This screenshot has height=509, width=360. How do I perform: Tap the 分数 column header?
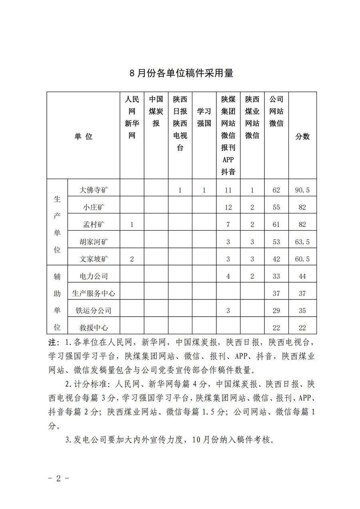pyautogui.click(x=302, y=136)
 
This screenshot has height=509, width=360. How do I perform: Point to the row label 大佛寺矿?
pyautogui.click(x=94, y=190)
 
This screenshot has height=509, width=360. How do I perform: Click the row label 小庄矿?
pyautogui.click(x=94, y=208)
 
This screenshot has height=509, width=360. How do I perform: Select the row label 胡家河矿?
pyautogui.click(x=94, y=242)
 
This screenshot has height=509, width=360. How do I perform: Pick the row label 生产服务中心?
pyautogui.click(x=94, y=293)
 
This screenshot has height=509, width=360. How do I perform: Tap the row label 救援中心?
pyautogui.click(x=94, y=327)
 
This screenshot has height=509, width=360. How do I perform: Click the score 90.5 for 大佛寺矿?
pyautogui.click(x=302, y=190)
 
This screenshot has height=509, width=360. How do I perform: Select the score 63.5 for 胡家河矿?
pyautogui.click(x=302, y=242)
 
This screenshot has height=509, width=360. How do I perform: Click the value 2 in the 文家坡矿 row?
pyautogui.click(x=132, y=259)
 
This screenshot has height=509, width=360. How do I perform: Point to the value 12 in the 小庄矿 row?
pyautogui.click(x=228, y=208)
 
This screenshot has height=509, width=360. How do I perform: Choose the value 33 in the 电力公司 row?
pyautogui.click(x=276, y=276)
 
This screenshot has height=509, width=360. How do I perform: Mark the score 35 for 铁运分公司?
pyautogui.click(x=302, y=310)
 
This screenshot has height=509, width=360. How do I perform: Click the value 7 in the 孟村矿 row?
pyautogui.click(x=228, y=225)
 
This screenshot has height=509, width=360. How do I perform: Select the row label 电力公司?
pyautogui.click(x=94, y=276)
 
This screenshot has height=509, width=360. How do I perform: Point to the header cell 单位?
pyautogui.click(x=83, y=136)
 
